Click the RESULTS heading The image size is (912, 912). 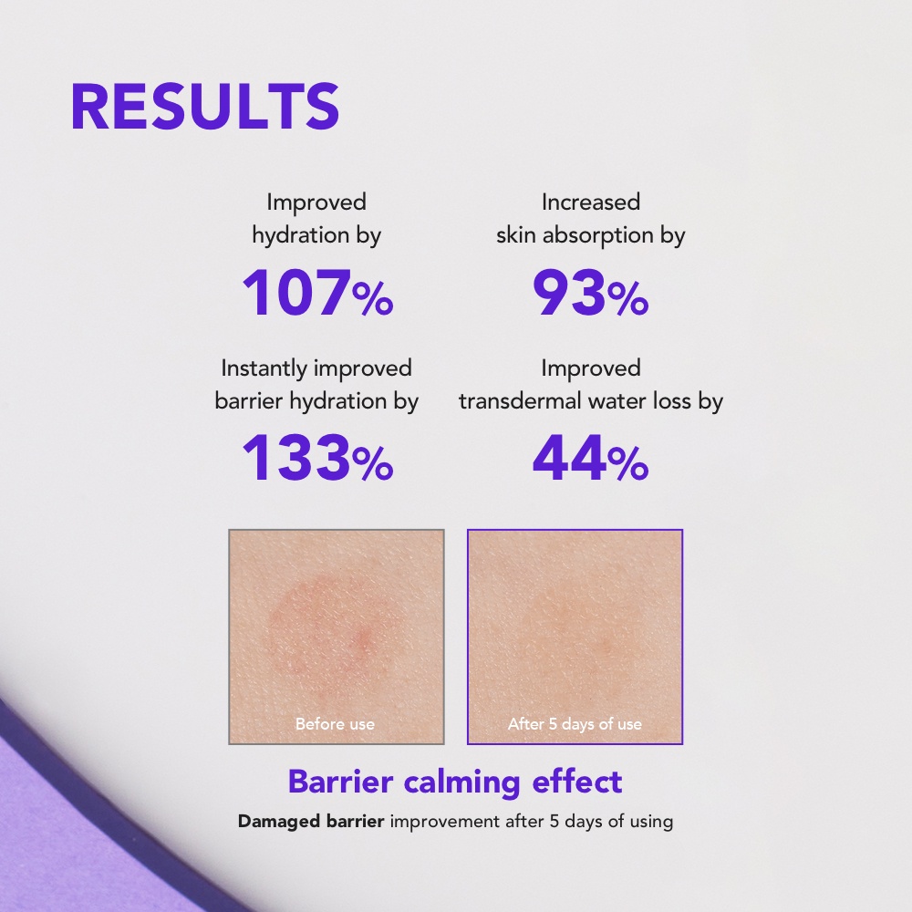tap(204, 107)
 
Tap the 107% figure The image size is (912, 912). tap(317, 293)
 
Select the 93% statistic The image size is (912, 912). tap(590, 293)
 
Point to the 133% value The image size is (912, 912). tap(317, 458)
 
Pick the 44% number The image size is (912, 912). tap(590, 458)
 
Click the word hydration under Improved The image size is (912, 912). tap(300, 235)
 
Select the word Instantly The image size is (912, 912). tap(264, 368)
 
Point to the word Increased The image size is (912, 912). tap(591, 202)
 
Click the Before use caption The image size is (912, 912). tap(335, 723)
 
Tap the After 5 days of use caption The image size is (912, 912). tap(575, 723)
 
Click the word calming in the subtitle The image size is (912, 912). tap(461, 782)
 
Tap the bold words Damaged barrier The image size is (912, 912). tap(311, 822)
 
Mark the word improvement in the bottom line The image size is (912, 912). tap(445, 822)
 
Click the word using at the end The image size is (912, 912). tap(651, 823)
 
